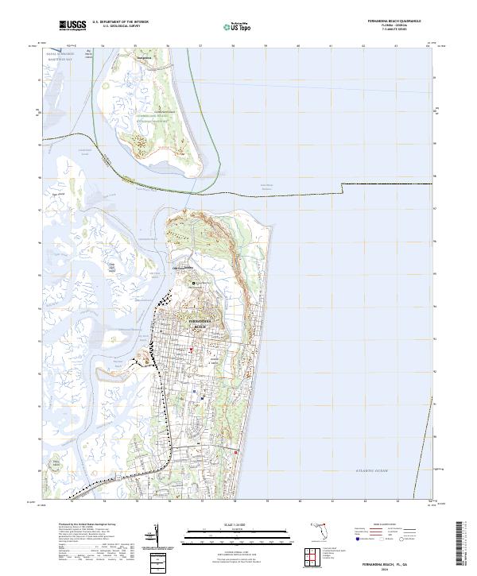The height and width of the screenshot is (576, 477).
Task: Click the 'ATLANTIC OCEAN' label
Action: (373, 471)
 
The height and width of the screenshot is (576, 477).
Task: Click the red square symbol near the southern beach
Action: (235, 450)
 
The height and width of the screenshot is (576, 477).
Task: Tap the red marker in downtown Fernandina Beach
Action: (191, 350)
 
